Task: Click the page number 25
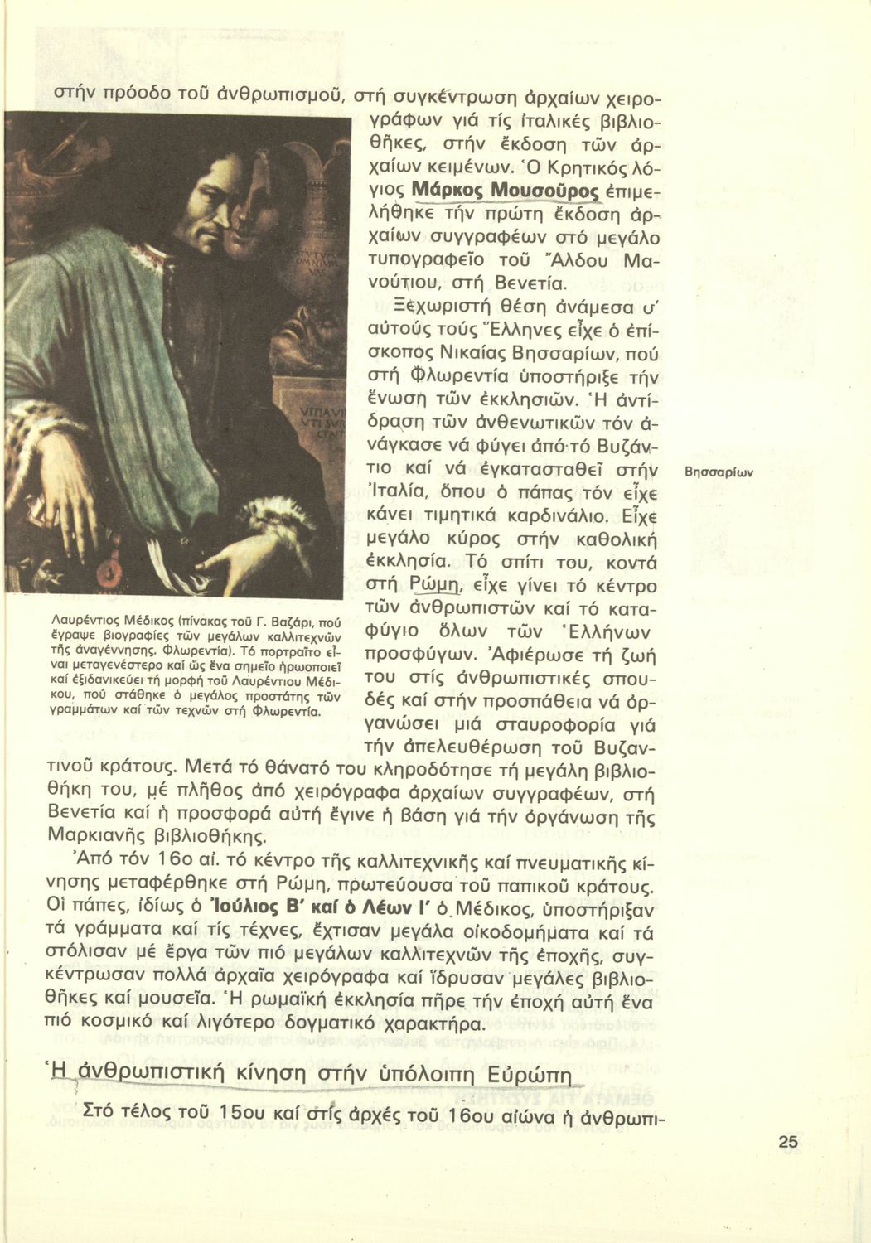click(x=788, y=1142)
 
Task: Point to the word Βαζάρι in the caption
click(x=271, y=619)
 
